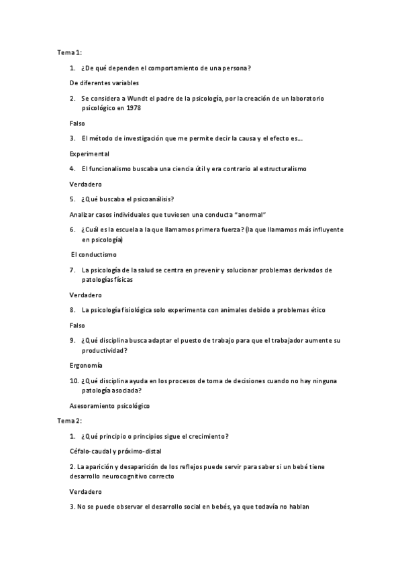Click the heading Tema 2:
pos(68,420)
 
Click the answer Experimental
pos(89,154)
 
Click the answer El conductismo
pos(94,255)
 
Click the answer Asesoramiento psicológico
pos(109,406)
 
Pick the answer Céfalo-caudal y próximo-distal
pos(115,451)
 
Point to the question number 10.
pos(74,381)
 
